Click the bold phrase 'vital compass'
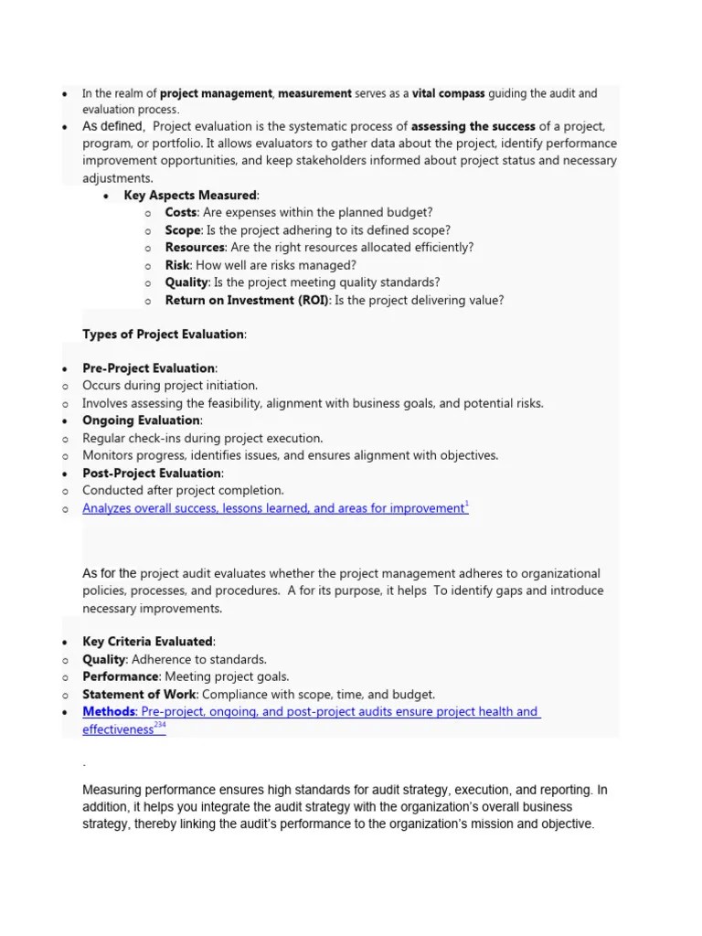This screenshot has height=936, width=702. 449,93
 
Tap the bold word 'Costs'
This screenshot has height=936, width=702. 180,213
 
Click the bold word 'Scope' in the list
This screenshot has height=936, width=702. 183,230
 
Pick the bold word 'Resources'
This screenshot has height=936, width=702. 195,248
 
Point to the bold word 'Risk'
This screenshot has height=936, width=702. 176,265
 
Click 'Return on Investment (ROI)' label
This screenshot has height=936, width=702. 247,300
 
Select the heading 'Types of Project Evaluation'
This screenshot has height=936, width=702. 164,335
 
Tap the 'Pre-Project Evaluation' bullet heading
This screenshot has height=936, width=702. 149,368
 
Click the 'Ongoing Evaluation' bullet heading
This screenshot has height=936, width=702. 141,420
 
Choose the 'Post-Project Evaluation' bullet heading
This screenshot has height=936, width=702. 152,473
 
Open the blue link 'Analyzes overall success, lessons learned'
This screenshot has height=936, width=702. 272,508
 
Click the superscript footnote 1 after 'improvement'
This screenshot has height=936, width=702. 467,505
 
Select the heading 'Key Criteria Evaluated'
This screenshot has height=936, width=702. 148,642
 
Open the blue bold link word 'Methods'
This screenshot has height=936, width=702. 108,712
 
